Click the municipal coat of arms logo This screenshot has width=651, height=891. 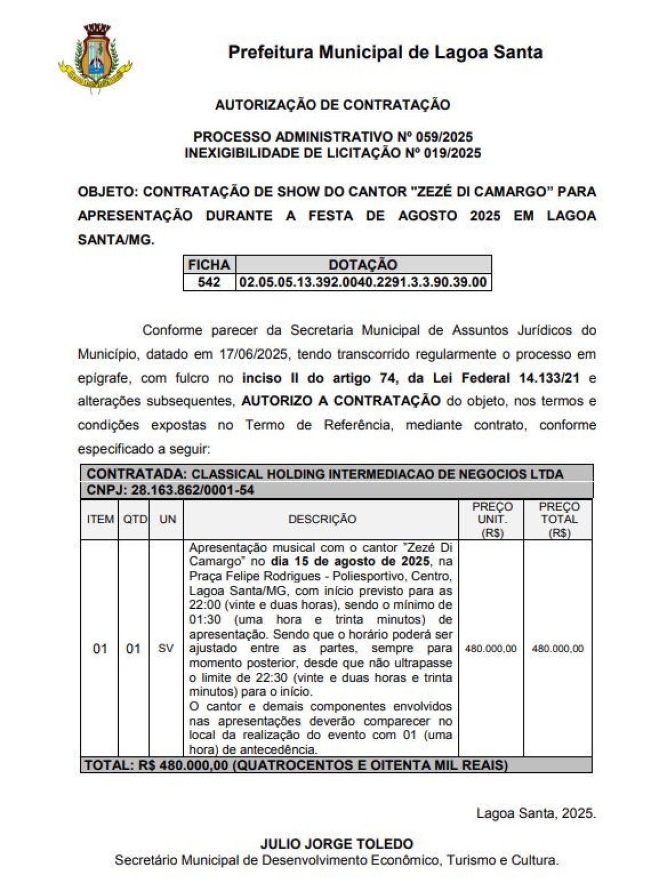click(x=95, y=56)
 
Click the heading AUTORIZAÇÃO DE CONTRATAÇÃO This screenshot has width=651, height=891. click(x=333, y=105)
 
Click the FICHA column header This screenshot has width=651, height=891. click(x=209, y=265)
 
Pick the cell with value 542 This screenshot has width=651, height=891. click(x=209, y=282)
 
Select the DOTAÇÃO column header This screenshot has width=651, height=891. click(x=363, y=265)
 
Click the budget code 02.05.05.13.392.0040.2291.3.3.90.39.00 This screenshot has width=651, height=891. click(x=363, y=282)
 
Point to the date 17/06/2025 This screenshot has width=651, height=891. click(x=253, y=354)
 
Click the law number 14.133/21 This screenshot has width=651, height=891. click(x=549, y=378)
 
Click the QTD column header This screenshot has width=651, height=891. click(x=135, y=519)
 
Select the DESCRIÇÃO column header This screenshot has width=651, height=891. click(x=322, y=519)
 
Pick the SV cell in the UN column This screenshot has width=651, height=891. click(x=166, y=648)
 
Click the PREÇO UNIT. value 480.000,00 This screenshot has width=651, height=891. click(x=491, y=649)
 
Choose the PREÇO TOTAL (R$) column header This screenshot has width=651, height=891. click(x=559, y=519)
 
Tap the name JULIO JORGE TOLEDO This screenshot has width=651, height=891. click(x=336, y=844)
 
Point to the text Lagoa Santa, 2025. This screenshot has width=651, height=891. click(x=536, y=813)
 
